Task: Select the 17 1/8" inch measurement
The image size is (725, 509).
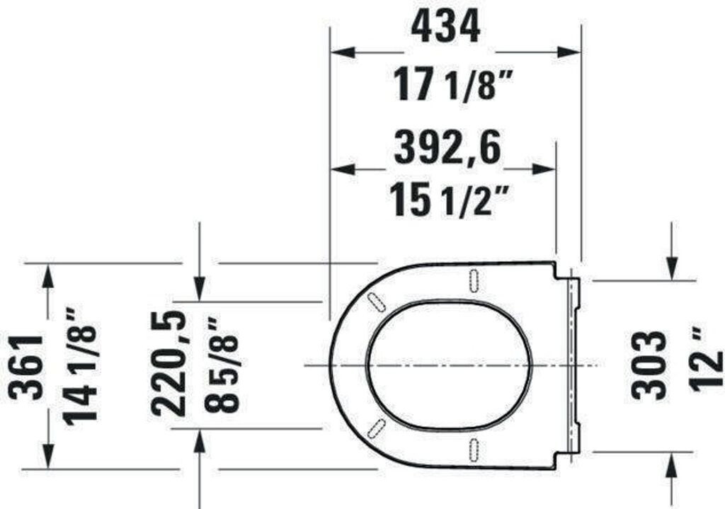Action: tap(447, 85)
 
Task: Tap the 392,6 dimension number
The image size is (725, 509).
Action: tap(448, 147)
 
